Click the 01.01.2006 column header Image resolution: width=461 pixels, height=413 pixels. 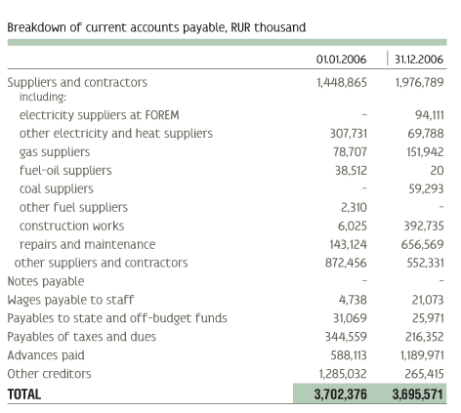tap(341, 60)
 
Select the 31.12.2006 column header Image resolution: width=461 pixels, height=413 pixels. tap(419, 60)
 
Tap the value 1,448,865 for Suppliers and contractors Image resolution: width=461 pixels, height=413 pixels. tap(342, 83)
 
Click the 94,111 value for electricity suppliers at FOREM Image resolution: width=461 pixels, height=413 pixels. tap(430, 115)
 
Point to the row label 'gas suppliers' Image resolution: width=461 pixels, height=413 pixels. tap(55, 152)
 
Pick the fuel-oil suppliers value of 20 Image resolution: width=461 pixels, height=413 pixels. tap(437, 171)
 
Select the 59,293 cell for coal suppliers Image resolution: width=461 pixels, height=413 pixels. tap(426, 189)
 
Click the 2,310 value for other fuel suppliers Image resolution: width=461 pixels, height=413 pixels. tap(354, 208)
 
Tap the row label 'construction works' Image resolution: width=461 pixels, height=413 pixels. tap(71, 226)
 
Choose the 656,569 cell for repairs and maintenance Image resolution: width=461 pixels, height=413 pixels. tap(422, 244)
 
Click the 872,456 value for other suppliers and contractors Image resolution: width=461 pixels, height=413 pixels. tap(346, 263)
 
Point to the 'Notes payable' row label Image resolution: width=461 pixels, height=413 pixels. tap(46, 281)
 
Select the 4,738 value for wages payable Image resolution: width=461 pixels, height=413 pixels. tap(353, 300)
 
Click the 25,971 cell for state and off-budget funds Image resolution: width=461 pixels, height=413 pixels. tap(428, 318)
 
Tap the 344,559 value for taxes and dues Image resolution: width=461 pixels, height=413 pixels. tap(346, 337)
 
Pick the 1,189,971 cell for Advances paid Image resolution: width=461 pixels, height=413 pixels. tap(422, 355)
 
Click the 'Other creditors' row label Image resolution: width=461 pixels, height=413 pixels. tap(49, 374)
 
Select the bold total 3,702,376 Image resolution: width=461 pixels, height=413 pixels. tap(340, 394)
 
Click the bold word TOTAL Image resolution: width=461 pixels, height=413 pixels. tap(24, 394)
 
